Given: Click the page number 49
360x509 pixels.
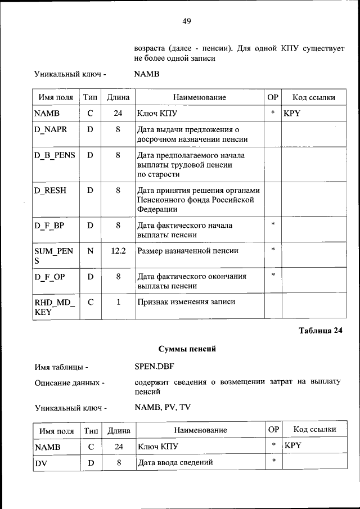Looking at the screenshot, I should coord(187,21).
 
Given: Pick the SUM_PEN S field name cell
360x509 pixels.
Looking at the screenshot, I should coord(54,256).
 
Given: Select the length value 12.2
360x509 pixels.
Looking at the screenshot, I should coord(118,251).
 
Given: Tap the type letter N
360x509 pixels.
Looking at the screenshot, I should coord(90,251).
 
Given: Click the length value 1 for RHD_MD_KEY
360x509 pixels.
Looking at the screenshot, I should coord(119,302).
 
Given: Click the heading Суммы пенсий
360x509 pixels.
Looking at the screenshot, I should coord(187,349).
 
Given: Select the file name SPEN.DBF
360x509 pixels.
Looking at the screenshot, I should coord(154,367).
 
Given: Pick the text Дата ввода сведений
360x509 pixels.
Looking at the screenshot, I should coord(175,463).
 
